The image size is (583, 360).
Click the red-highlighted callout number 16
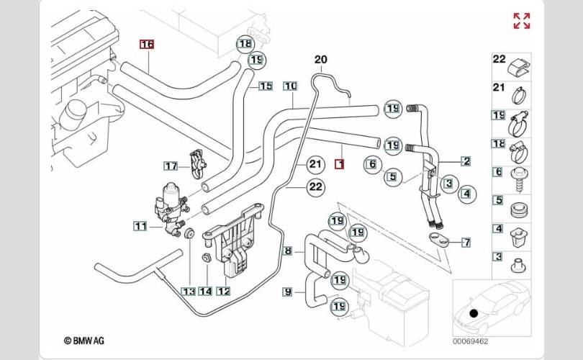[147, 44]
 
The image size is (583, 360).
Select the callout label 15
[266, 86]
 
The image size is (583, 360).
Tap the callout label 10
[290, 86]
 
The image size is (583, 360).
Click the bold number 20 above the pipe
[320, 59]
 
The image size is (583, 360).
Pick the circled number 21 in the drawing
[315, 165]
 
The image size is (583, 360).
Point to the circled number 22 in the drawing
[315, 187]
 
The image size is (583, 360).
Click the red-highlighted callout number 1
[340, 165]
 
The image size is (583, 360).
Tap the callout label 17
[170, 166]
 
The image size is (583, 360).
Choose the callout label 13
[188, 292]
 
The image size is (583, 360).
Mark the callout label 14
[206, 292]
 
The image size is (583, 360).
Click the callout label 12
[224, 292]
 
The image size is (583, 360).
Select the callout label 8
[288, 251]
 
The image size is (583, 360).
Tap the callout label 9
[288, 292]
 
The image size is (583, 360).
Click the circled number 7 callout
[466, 242]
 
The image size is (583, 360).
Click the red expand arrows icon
[522, 21]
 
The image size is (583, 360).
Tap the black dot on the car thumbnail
[474, 313]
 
